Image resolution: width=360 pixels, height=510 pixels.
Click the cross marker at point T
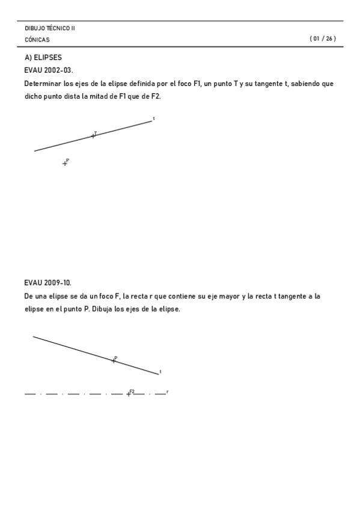point(93,136)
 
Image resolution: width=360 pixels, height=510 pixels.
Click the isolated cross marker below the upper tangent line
point(65,163)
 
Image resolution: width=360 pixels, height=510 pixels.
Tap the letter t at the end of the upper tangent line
point(154,118)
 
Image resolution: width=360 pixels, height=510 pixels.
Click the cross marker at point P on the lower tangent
point(114,360)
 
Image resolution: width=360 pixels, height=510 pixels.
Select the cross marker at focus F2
point(128,394)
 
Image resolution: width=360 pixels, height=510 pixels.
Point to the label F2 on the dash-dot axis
point(132,391)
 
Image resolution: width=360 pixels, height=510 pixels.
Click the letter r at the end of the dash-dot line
point(167,392)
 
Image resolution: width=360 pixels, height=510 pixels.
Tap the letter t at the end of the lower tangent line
point(160,372)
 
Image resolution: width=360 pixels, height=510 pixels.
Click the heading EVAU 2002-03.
point(49,70)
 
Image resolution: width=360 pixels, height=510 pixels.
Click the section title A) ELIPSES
point(43,58)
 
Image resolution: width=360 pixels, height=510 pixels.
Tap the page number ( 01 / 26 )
point(323,39)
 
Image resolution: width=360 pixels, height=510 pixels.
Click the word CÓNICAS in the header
point(37,40)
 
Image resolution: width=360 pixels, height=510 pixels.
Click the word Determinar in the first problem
point(43,84)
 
